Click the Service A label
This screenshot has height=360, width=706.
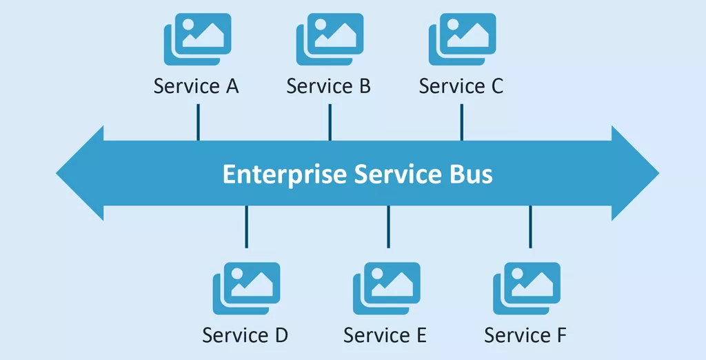196,86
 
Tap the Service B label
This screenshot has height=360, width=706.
329,86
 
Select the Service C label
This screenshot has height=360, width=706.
461,86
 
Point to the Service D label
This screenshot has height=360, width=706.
245,335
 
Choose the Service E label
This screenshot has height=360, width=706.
385,335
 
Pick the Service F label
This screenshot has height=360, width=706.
525,335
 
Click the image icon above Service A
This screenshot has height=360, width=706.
198,39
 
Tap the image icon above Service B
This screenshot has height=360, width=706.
330,39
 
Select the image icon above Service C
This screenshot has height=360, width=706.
463,39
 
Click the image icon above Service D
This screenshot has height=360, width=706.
247,288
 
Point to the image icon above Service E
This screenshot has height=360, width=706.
387,288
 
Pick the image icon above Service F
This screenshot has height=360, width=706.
527,288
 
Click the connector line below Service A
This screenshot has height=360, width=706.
198,122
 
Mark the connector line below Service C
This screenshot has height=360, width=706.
462,122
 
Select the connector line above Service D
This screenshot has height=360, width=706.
246,226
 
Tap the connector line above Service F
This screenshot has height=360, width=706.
530,226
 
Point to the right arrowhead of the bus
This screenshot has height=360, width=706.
634,173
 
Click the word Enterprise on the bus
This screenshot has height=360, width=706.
284,174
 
